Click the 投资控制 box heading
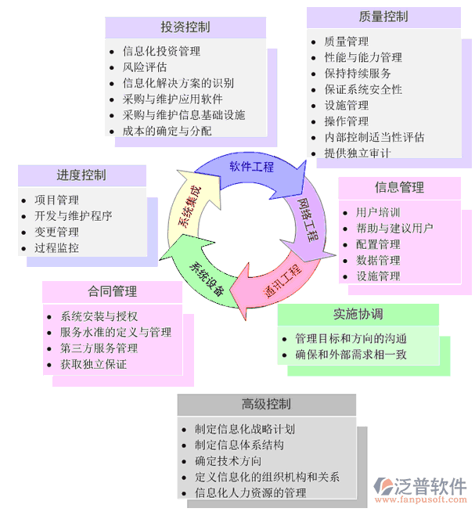point(185,27)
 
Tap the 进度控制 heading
point(81,175)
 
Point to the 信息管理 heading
point(399,187)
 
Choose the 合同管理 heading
point(113,291)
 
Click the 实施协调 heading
point(358,314)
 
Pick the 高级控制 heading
point(266,404)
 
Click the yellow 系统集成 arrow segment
point(188,207)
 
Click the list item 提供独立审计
point(357,153)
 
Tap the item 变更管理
point(57,232)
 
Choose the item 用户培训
point(378,212)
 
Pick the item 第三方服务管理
point(105,348)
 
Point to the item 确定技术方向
point(229,461)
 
